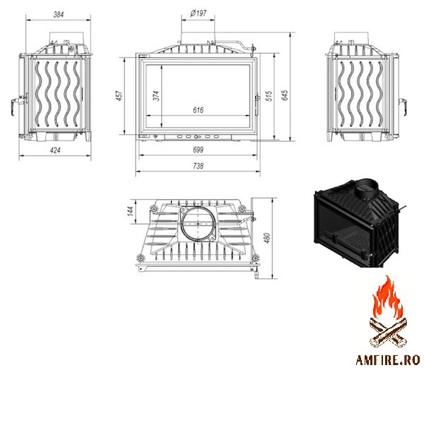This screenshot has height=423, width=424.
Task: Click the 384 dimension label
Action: pos(59,14)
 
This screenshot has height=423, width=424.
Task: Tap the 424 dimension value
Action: pos(55,150)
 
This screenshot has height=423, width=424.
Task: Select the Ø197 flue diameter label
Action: pos(198,13)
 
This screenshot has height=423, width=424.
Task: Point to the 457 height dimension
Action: pos(119,95)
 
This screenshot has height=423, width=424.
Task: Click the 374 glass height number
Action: pos(156,95)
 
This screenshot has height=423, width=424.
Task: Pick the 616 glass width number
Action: pos(198,110)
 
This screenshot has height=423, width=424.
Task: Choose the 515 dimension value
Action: pos(269,96)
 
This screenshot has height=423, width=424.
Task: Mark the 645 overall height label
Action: pos(285,95)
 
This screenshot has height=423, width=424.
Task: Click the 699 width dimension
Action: pos(198,150)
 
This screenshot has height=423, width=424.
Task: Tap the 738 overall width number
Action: pos(198,166)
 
